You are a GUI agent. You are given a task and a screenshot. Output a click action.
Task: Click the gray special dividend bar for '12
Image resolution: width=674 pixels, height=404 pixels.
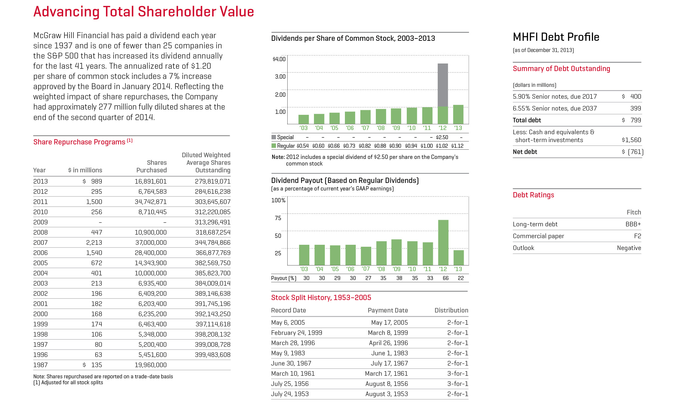(443, 85)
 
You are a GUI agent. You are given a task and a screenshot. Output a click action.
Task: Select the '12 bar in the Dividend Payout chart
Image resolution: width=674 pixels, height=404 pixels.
(443, 242)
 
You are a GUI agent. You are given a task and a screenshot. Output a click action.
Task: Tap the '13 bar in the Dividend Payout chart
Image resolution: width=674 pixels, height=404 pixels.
(458, 258)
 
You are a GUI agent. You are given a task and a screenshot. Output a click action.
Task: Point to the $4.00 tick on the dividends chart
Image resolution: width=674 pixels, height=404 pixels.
(279, 59)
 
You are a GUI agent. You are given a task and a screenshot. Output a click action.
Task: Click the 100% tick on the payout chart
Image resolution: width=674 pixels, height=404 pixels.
(278, 200)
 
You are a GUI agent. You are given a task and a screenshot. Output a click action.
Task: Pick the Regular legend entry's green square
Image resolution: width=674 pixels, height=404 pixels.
(273, 146)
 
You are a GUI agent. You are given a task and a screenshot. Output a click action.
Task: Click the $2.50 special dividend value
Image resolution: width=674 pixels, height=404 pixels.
(442, 137)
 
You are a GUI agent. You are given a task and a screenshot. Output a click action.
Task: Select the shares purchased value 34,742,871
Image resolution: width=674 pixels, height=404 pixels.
(151, 202)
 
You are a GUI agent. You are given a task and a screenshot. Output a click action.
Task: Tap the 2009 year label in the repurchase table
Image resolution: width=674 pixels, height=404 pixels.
(40, 222)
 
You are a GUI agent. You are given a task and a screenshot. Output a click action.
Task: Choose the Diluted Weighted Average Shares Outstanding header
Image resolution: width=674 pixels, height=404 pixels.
(206, 163)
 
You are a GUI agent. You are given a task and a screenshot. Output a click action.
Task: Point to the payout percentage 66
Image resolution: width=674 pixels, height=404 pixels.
(446, 278)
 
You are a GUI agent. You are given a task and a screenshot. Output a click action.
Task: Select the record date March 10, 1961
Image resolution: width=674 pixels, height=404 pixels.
(293, 373)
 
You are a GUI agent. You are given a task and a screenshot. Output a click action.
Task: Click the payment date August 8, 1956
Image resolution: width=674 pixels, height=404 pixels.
(386, 384)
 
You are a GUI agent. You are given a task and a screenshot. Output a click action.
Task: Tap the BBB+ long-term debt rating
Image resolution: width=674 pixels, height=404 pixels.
(633, 224)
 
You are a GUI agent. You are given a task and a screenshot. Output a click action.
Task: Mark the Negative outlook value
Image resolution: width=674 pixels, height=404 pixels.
(629, 248)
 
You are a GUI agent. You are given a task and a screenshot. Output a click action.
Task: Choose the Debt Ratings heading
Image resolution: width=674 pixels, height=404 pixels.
(533, 195)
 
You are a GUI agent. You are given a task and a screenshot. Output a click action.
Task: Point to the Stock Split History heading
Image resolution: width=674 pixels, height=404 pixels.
(321, 297)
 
